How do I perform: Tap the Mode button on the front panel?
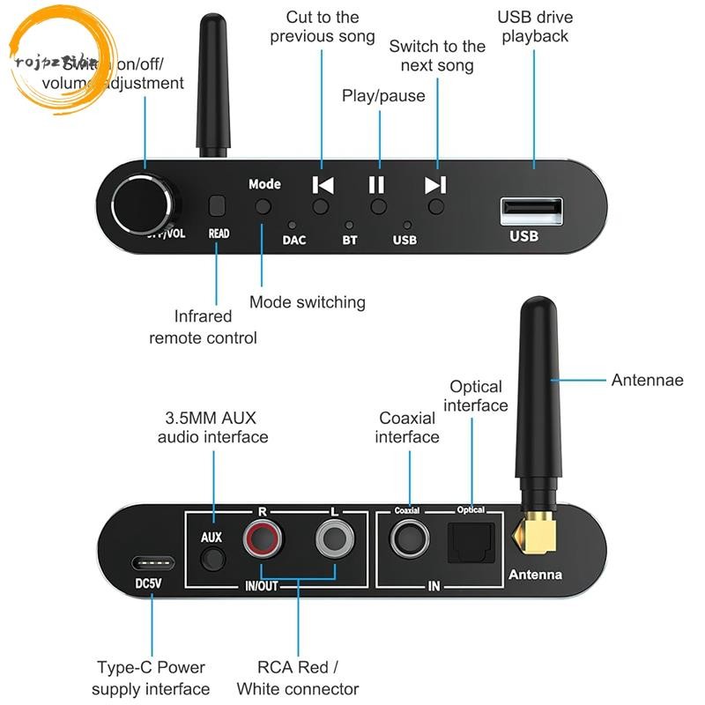[x=263, y=207]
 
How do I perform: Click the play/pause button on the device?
[x=378, y=206]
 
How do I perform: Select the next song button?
[x=435, y=206]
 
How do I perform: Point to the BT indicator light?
[x=349, y=226]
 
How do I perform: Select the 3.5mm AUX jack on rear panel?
[x=211, y=559]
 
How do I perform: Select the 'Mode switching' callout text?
[x=307, y=302]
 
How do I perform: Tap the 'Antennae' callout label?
[x=647, y=381]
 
